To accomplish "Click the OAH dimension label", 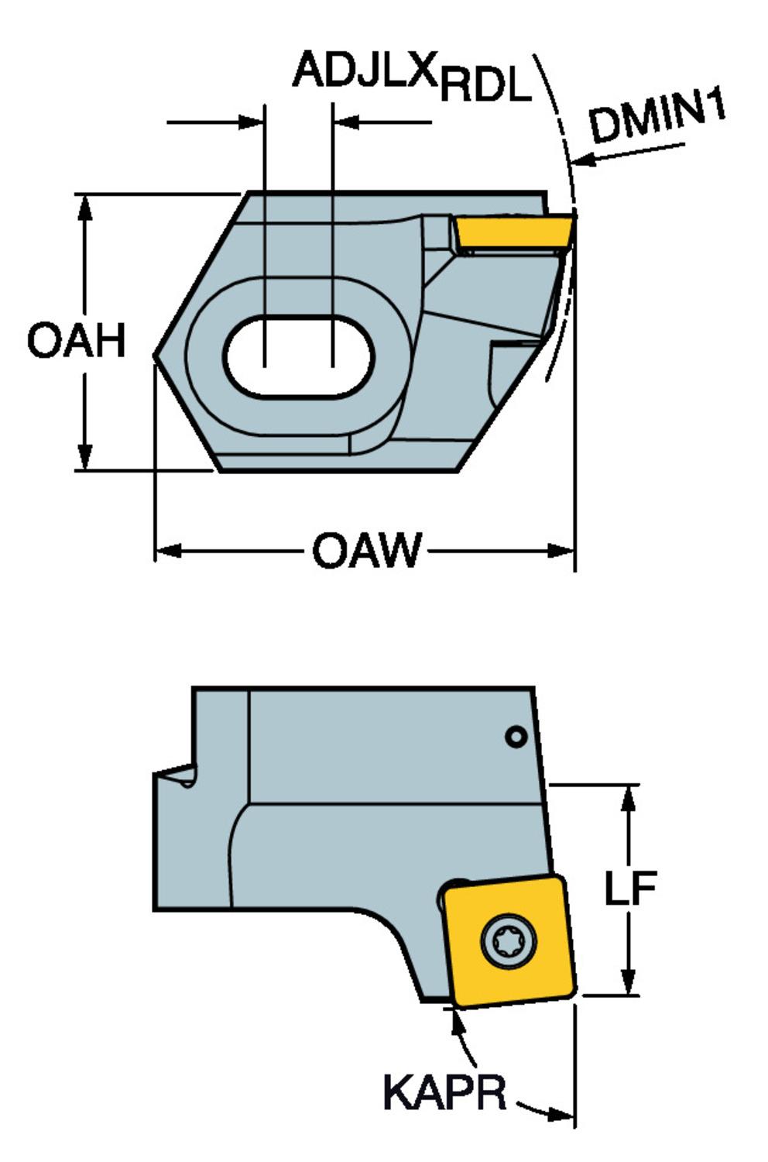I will click(x=76, y=341).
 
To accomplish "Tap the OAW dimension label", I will click(x=367, y=552).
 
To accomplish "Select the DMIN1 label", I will click(x=658, y=116).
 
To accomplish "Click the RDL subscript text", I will click(x=486, y=87).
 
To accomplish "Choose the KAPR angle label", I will click(x=444, y=1092).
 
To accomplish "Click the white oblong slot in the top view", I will click(x=298, y=357).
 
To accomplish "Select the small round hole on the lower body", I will click(x=516, y=737).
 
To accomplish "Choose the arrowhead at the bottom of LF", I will click(x=630, y=985).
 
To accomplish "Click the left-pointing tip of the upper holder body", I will click(x=156, y=356).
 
